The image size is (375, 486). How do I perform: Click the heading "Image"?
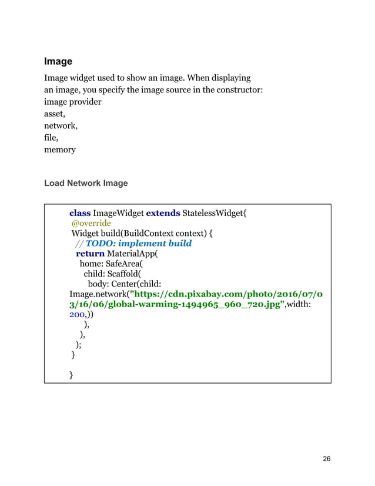[58, 61]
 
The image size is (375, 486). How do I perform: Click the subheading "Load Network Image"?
[86, 183]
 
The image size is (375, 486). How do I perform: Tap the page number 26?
[327, 459]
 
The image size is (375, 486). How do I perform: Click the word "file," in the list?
[52, 138]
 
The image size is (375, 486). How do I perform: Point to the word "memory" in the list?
[60, 149]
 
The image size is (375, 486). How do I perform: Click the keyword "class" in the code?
[80, 212]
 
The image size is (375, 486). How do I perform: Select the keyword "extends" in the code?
[163, 212]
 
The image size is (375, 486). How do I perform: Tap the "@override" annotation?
[91, 223]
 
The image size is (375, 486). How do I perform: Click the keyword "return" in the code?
[90, 254]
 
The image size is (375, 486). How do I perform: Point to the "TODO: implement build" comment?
[139, 243]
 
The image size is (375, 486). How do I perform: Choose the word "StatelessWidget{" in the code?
[215, 212]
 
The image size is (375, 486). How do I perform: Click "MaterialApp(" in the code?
[133, 254]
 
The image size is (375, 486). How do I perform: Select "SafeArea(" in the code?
[122, 264]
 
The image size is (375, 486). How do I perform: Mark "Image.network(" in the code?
[101, 294]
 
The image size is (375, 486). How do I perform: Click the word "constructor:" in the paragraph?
[236, 89]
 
